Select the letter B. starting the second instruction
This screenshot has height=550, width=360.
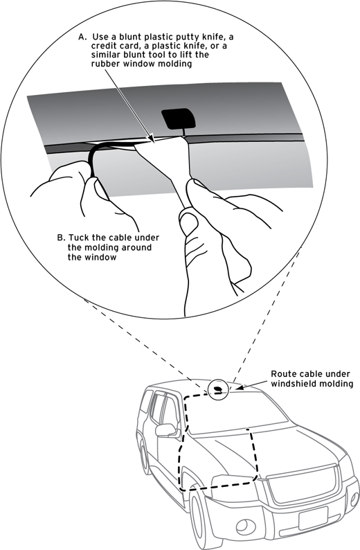[x=60, y=237]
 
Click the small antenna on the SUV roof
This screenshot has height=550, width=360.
[x=219, y=389]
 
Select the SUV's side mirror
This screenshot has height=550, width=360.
[x=166, y=430]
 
